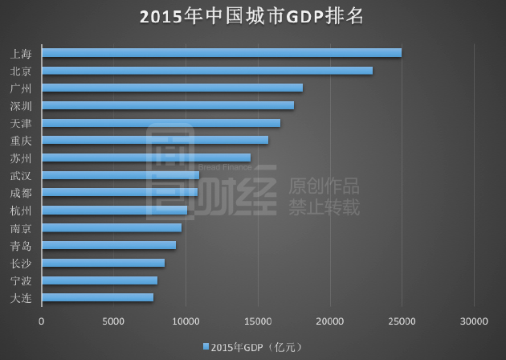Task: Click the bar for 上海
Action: (x=221, y=53)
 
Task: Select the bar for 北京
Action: (x=206, y=71)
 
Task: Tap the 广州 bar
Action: (x=172, y=88)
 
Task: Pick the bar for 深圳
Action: (x=167, y=105)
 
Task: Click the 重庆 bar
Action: (x=154, y=140)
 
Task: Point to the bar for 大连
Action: (x=97, y=297)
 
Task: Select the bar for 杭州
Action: (x=114, y=211)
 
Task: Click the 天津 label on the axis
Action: (x=22, y=123)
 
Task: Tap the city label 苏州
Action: (x=22, y=158)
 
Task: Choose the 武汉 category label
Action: (x=22, y=175)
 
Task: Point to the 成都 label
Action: (x=22, y=193)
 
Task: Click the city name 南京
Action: (x=22, y=228)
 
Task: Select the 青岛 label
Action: (x=22, y=246)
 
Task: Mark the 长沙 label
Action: (x=22, y=263)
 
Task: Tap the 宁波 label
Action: (x=22, y=280)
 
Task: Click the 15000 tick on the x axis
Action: (x=258, y=321)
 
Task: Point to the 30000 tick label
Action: (x=474, y=321)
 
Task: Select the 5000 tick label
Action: (x=113, y=321)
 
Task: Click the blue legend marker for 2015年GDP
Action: (x=206, y=346)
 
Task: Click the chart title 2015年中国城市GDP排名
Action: (x=252, y=17)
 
